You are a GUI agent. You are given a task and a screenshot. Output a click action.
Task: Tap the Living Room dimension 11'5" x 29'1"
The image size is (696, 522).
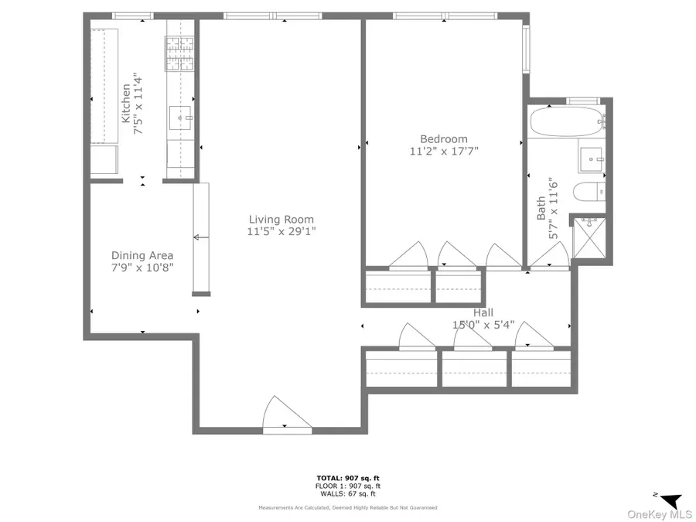281,230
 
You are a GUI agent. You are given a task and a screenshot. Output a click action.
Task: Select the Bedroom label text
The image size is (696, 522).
444,139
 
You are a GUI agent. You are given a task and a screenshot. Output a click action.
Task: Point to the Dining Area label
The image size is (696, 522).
142,255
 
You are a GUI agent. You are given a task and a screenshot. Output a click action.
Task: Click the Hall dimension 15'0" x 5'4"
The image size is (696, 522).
483,325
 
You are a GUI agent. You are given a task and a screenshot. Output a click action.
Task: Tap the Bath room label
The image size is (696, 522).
541,207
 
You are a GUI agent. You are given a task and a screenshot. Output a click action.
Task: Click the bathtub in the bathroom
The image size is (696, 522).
567,122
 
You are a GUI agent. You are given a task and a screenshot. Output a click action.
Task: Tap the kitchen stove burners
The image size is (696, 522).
179,55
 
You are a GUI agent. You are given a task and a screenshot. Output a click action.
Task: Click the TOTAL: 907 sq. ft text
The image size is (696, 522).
348,479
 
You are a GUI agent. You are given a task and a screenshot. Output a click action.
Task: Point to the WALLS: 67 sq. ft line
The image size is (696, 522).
348,493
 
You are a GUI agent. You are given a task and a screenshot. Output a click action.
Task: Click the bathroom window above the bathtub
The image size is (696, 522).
583,101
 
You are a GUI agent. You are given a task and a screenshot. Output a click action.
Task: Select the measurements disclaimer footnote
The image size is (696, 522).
348,508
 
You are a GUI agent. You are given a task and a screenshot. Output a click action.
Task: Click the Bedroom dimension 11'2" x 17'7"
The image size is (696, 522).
444,152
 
